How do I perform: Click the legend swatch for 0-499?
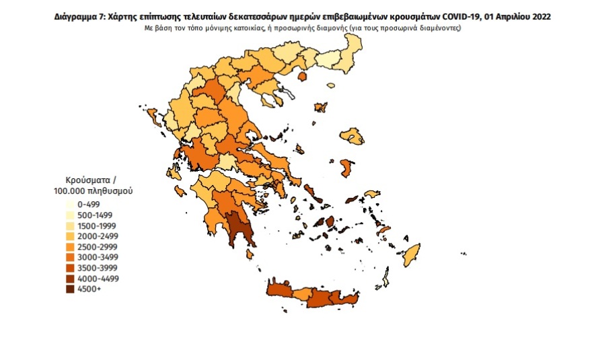(70, 204)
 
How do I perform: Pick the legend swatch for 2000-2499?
(70, 236)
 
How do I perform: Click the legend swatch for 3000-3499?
(70, 258)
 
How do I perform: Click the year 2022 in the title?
(538, 17)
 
